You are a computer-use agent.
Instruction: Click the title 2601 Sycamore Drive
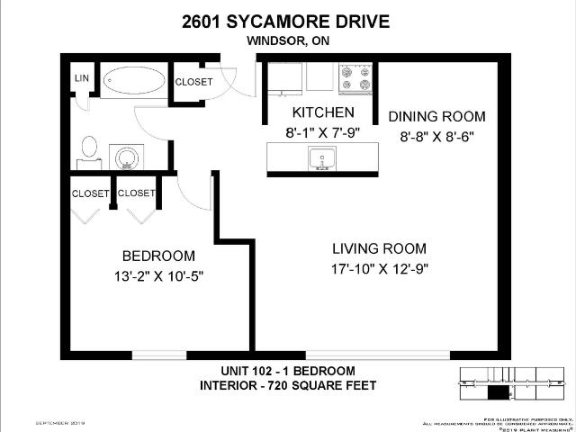coord(287,21)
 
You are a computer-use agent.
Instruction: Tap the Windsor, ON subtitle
coord(287,40)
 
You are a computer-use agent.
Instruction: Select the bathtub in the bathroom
coord(133,81)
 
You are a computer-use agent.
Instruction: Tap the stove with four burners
coord(355,78)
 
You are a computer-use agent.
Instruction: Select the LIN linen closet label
coord(79,79)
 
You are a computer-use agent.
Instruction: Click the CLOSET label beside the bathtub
coord(193,82)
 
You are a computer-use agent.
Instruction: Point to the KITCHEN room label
coord(322,112)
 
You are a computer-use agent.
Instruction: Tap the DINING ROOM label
coord(436,116)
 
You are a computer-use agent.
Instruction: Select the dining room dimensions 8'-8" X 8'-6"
coord(436,137)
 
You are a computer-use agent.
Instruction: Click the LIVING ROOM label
coord(378,248)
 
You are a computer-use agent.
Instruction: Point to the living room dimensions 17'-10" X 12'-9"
coord(378,268)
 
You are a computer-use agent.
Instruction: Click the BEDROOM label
coord(158,256)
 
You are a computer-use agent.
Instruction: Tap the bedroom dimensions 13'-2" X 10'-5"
coord(158,276)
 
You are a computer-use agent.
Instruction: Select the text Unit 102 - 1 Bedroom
coord(287,371)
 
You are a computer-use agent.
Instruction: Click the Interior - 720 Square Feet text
coord(287,386)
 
